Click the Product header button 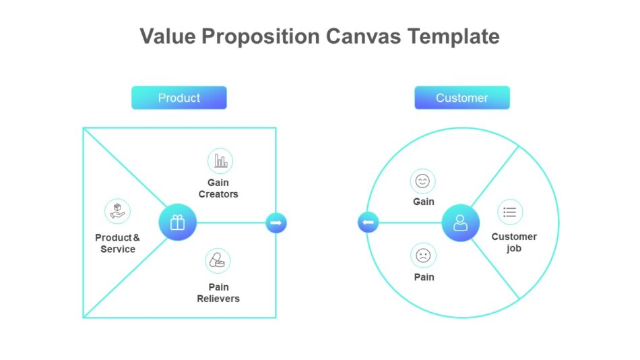[x=179, y=98]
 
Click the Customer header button [x=461, y=98]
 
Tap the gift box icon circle [x=177, y=222]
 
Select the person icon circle [x=461, y=222]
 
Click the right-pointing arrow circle [x=276, y=222]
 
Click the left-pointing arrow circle [x=369, y=222]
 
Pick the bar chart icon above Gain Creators [x=220, y=161]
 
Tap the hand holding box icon [x=118, y=211]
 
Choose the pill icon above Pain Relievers [x=218, y=261]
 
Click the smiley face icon [x=422, y=181]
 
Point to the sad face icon [x=423, y=256]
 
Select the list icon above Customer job [x=510, y=212]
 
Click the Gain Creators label [x=218, y=188]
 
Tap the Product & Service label [x=118, y=243]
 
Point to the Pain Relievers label [x=218, y=293]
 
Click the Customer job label [x=514, y=242]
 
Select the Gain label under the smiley [x=424, y=202]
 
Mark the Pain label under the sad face [x=424, y=277]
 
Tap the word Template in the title [x=453, y=36]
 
